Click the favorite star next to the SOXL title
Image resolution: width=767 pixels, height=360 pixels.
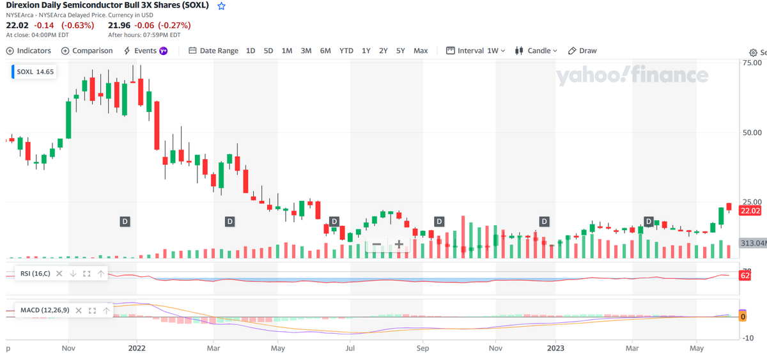(222, 6)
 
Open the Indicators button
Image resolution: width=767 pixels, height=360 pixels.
(29, 51)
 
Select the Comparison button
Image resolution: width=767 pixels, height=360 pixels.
(87, 51)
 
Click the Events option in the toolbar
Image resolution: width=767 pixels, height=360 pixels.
(146, 51)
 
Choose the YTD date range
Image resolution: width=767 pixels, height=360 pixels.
(346, 51)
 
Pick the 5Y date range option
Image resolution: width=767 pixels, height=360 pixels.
(400, 51)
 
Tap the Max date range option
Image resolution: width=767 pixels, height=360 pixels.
(421, 51)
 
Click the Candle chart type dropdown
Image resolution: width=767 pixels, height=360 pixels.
(536, 51)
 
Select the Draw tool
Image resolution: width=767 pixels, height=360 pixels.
(582, 51)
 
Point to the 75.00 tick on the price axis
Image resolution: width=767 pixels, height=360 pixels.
(752, 63)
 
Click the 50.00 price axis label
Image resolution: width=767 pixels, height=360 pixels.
(752, 132)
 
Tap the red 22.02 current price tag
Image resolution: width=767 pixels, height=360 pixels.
(750, 210)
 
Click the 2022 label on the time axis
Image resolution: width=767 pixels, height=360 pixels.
(137, 348)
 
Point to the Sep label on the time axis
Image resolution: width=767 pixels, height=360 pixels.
(422, 348)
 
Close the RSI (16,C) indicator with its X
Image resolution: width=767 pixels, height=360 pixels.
(59, 273)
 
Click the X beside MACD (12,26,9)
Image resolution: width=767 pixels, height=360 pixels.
(79, 310)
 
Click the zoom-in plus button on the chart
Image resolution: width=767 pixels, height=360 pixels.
(399, 244)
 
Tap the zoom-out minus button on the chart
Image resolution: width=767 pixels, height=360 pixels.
(376, 244)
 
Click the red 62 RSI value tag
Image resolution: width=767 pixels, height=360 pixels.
(745, 276)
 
